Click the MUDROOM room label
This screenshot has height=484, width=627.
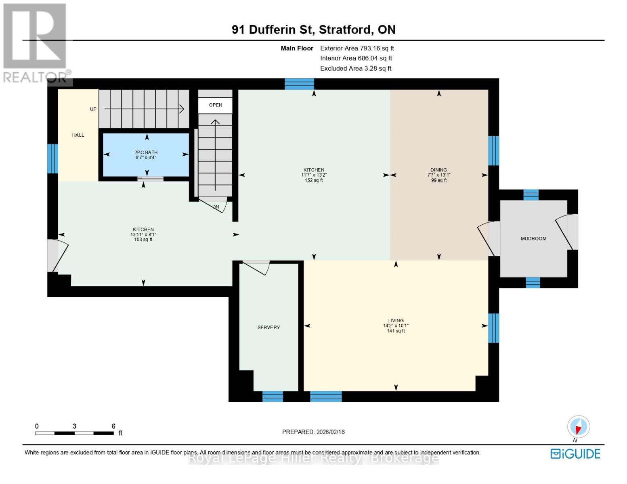click(x=533, y=239)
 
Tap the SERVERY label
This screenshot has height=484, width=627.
click(x=268, y=328)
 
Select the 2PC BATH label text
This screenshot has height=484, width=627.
click(x=146, y=152)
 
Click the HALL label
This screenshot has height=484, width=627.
click(x=78, y=135)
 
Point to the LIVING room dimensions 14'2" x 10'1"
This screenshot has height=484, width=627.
click(x=396, y=326)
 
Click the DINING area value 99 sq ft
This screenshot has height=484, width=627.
click(x=439, y=180)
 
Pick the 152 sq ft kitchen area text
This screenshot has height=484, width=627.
click(x=314, y=180)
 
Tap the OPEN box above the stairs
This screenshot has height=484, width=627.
click(x=215, y=105)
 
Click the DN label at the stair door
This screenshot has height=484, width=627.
click(x=216, y=207)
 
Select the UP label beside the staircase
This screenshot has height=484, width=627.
click(x=93, y=109)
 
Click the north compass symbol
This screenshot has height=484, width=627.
click(x=578, y=427)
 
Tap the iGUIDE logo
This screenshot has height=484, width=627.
click(x=575, y=454)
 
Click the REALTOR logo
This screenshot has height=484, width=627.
click(x=36, y=42)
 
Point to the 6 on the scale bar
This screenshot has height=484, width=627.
click(x=113, y=426)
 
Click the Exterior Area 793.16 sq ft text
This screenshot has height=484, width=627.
click(x=357, y=48)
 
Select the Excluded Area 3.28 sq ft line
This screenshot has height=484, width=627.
click(x=356, y=69)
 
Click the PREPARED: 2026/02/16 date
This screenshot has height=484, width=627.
click(x=313, y=432)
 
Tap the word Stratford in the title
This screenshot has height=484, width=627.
click(x=346, y=30)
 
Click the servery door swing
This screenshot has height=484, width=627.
click(x=258, y=267)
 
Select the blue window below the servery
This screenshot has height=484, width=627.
click(x=273, y=396)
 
